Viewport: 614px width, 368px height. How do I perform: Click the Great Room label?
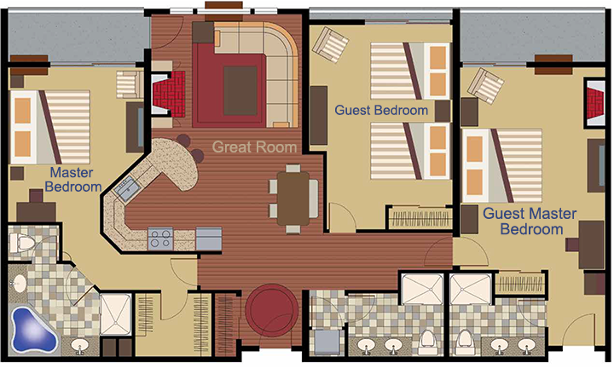coord(254,147)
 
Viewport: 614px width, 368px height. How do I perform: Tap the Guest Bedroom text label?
coord(381,110)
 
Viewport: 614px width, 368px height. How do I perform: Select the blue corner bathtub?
coord(33,330)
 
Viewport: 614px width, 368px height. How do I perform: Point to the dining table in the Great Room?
coord(293,198)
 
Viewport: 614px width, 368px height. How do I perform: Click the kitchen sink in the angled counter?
coord(127,188)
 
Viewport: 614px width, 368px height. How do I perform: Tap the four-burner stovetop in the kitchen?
coord(160,239)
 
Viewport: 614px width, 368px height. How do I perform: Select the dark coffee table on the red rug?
coord(240,91)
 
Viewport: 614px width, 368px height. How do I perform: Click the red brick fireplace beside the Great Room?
coord(168,94)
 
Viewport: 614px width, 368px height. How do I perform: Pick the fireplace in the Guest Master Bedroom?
coord(595,103)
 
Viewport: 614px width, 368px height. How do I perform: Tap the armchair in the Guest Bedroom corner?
coord(330,44)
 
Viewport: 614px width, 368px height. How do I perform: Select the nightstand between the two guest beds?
coord(443,111)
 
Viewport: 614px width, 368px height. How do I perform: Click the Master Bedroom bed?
coord(49,128)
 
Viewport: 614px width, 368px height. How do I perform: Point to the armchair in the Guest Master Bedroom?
coord(485,86)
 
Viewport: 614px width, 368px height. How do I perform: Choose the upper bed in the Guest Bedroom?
coord(410,71)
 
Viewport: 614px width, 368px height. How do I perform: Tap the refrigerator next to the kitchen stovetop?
coord(209,239)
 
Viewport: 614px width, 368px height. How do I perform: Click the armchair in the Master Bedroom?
coord(130,84)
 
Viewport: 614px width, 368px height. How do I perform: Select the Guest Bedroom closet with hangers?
coord(420,217)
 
